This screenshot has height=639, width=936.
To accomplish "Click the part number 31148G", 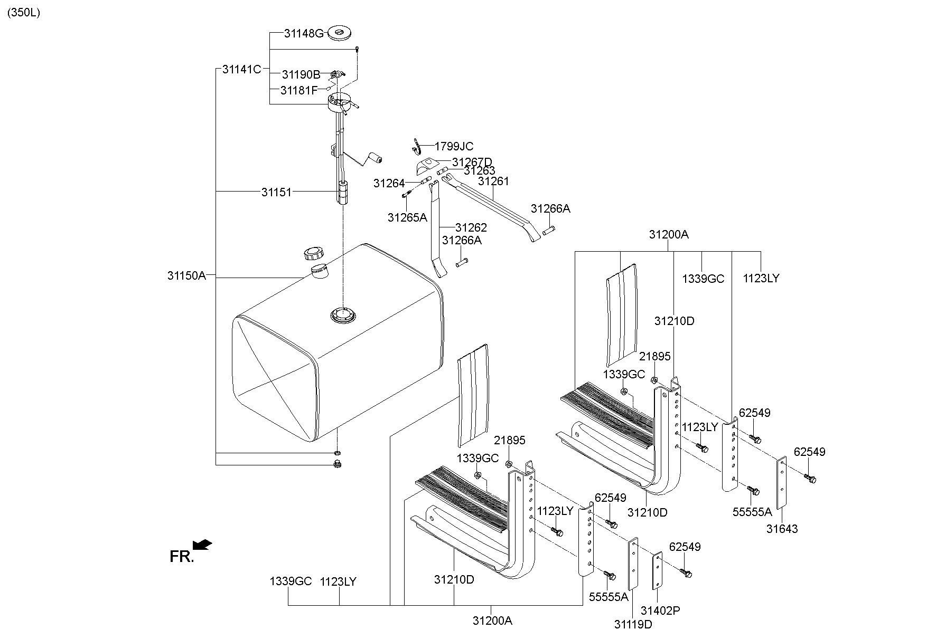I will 303,34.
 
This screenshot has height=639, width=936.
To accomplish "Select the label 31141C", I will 241,69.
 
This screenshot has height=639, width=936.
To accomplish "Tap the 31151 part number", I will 276,192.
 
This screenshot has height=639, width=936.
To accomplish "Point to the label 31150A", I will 186,275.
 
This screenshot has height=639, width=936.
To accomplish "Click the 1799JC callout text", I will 454,147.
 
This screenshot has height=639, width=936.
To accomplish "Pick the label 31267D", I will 472,162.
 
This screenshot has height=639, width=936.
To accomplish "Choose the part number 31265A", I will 407,217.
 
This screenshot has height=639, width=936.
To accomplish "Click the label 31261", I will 493,182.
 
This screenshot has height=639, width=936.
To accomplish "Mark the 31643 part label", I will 782,529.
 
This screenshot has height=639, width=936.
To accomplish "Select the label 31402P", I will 660,611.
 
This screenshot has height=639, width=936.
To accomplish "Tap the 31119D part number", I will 633,624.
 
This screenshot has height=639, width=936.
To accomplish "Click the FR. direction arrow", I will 202,544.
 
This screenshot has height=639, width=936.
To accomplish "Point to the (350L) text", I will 23,13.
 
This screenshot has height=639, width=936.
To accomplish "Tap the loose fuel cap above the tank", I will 314,254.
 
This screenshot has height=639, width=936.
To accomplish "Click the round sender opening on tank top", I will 343,316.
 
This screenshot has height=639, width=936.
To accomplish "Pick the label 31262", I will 471,228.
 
